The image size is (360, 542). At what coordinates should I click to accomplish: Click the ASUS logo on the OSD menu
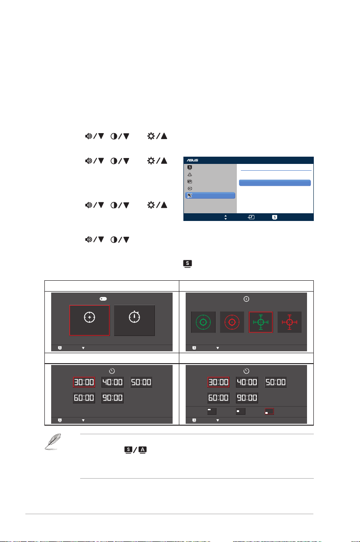click(192, 160)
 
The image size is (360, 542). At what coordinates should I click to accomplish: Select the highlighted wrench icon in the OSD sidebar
click(190, 196)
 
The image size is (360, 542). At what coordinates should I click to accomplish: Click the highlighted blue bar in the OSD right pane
click(275, 183)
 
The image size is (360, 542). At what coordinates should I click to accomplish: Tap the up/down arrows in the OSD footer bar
click(226, 217)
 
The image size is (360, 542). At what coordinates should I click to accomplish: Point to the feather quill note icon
click(53, 441)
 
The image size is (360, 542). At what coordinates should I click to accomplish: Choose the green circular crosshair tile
click(203, 322)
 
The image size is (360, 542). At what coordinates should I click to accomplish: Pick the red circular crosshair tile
click(232, 322)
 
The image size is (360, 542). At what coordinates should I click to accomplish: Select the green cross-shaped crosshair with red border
click(261, 322)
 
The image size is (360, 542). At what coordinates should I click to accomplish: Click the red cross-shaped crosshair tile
click(289, 322)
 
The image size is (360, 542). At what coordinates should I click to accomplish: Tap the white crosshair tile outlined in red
click(90, 321)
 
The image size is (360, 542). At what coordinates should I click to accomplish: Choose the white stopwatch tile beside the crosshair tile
click(134, 321)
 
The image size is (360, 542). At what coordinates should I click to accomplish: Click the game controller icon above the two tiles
click(103, 299)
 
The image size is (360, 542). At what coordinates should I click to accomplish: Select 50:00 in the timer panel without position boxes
click(141, 382)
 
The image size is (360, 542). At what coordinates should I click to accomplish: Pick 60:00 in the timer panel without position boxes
click(84, 398)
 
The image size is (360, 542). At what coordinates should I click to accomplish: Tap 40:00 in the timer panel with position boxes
click(247, 382)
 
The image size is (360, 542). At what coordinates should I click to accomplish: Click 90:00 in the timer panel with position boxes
click(247, 398)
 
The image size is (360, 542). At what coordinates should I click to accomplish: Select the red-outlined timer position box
click(269, 411)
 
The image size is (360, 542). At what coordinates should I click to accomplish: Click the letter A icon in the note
click(143, 450)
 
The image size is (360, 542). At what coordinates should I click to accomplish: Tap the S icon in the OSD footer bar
click(274, 217)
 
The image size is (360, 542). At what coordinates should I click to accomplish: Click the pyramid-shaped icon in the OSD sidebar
click(190, 175)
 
